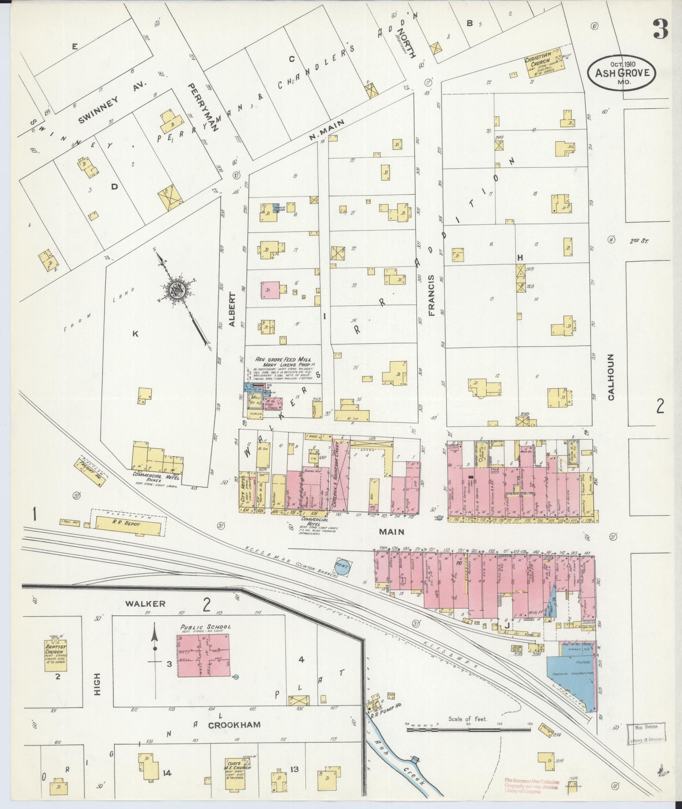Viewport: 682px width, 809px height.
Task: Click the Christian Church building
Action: click(x=545, y=64)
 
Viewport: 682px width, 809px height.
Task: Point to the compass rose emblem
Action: click(x=176, y=290)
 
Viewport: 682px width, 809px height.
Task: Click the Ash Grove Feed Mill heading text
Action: click(x=283, y=359)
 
